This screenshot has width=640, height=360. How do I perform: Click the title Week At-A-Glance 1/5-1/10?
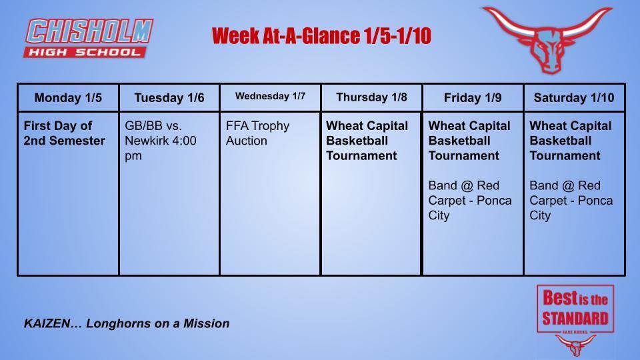(321, 36)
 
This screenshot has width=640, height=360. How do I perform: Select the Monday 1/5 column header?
(68, 98)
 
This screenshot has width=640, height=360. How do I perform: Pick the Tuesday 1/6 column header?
(169, 98)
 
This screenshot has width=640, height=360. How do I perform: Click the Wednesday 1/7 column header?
(270, 97)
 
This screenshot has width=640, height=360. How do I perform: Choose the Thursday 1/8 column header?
(371, 97)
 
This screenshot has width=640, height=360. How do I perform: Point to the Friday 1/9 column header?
(473, 98)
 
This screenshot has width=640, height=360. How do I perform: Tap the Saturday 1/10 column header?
(574, 98)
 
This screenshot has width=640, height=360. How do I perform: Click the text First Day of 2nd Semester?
(64, 133)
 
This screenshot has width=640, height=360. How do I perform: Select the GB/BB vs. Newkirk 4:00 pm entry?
(161, 141)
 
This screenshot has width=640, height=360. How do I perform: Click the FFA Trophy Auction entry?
(257, 133)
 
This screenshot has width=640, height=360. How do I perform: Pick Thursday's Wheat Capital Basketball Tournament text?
(367, 141)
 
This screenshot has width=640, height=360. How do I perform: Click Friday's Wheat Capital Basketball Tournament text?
(469, 141)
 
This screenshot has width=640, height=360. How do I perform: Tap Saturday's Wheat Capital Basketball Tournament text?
(570, 141)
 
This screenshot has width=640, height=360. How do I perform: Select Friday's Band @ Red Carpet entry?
(469, 200)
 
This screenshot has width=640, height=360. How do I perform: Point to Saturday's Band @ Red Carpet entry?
(571, 200)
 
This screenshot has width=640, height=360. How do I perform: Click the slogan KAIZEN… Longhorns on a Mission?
(127, 323)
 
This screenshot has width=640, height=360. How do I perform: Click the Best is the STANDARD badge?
(575, 309)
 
